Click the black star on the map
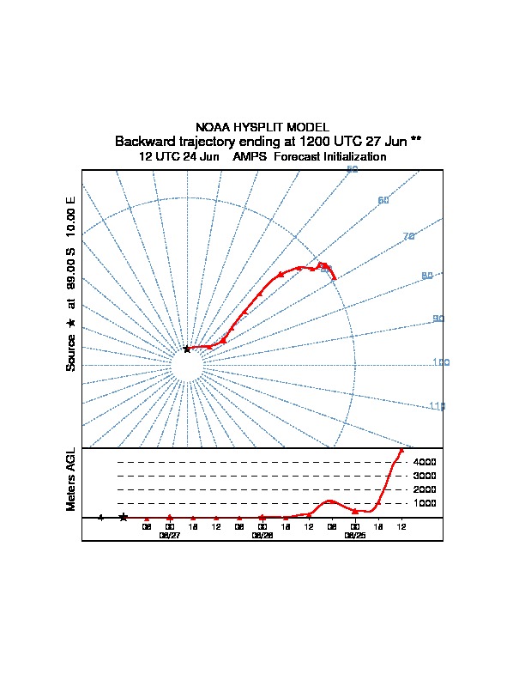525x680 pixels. [187, 349]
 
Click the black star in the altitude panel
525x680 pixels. [124, 517]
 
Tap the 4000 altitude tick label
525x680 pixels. [425, 462]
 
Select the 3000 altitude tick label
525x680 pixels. [425, 476]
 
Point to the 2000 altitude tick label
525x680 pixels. [425, 489]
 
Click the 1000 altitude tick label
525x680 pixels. [425, 503]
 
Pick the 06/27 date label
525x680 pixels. [170, 535]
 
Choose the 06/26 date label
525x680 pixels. [262, 535]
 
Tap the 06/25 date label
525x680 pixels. [354, 535]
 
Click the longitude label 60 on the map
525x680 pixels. [383, 200]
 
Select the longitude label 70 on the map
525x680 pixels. [408, 236]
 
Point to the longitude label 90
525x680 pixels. [438, 319]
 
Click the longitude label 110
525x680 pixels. [437, 406]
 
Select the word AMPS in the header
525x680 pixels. [249, 157]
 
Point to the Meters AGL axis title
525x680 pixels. [71, 479]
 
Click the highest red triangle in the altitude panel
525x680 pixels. [401, 451]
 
